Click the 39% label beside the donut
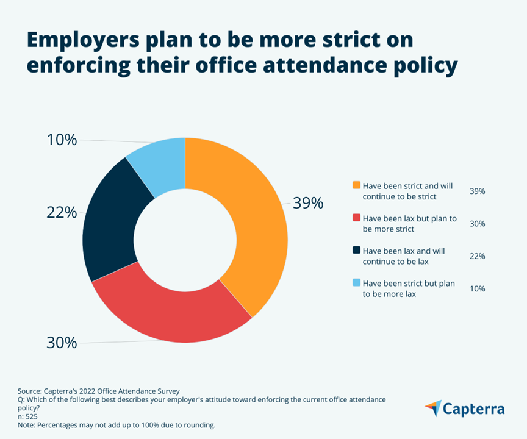(x=307, y=204)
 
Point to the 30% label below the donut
(x=62, y=343)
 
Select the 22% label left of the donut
(x=62, y=213)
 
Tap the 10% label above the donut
(x=62, y=140)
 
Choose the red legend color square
(x=356, y=218)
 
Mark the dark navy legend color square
(x=356, y=251)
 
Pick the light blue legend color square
(x=356, y=283)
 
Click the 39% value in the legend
(x=477, y=191)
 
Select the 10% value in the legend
(x=477, y=288)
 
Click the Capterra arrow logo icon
(x=434, y=408)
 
